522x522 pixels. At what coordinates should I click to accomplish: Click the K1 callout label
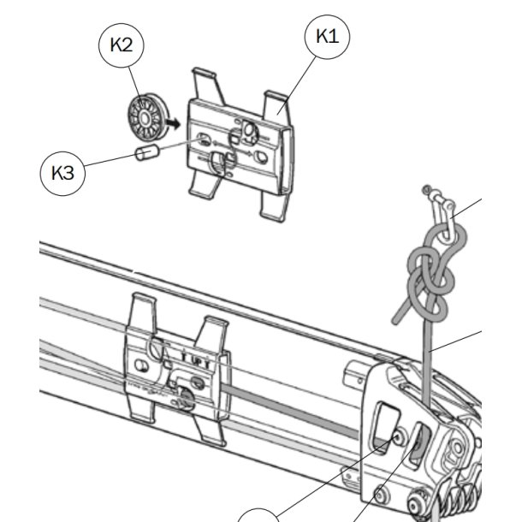pos(328,36)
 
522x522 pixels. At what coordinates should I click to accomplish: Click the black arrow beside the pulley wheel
pos(174,124)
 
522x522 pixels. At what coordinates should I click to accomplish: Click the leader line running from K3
pos(107,164)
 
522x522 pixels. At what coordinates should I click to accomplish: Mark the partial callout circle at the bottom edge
pos(259,514)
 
